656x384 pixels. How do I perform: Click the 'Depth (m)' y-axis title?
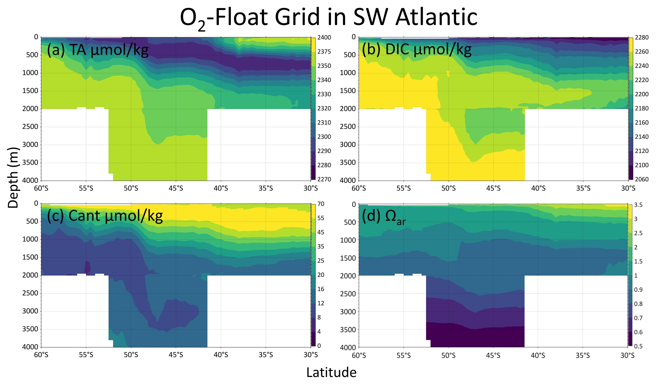(x=13, y=178)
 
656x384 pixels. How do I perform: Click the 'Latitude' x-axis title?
(x=331, y=372)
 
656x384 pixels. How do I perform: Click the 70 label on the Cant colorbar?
(x=321, y=204)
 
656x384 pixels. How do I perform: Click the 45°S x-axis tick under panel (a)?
(x=176, y=188)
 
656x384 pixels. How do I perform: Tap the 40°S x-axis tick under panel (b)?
(x=538, y=188)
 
